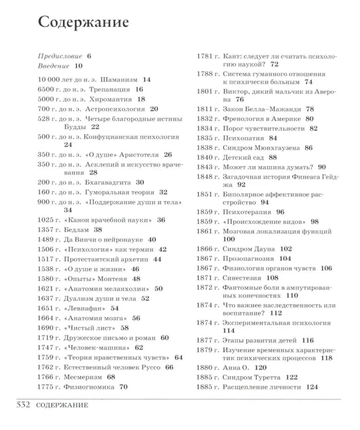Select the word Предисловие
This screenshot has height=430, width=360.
[60, 56]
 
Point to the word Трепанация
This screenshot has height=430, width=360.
[109, 89]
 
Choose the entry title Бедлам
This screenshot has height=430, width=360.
[76, 229]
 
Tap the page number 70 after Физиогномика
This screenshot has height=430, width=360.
[123, 387]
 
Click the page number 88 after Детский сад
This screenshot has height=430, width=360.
[273, 158]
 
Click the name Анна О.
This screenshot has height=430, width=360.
[235, 368]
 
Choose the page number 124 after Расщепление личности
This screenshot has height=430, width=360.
[312, 387]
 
